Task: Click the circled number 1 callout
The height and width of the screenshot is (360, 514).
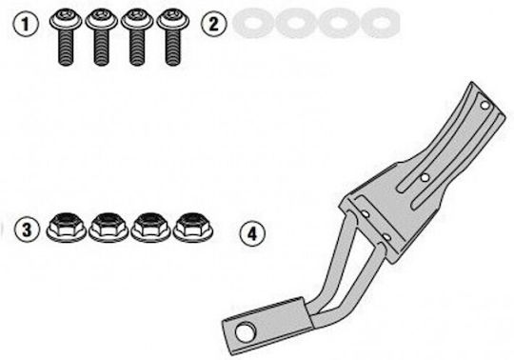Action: point(26,24)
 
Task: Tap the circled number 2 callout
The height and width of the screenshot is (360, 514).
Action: point(213,24)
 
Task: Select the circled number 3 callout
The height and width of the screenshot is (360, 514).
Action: point(27,230)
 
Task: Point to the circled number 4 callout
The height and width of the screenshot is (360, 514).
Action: point(252,233)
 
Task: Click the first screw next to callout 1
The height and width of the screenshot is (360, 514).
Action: point(66,37)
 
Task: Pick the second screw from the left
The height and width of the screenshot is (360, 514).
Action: point(101,37)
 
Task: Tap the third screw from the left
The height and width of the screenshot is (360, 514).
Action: point(137,37)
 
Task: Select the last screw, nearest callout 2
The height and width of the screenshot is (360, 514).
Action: point(172,37)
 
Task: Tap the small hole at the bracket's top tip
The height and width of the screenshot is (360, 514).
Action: point(485,106)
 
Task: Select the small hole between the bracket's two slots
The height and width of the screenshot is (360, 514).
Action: point(425,178)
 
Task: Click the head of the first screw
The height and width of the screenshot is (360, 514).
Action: point(66,19)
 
